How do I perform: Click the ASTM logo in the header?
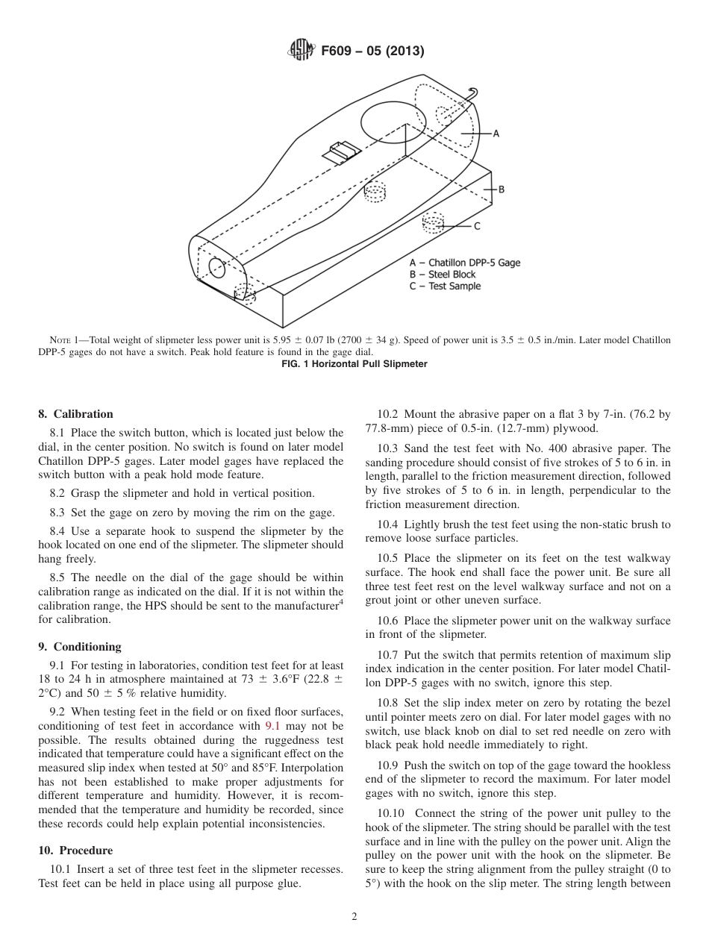pos(301,51)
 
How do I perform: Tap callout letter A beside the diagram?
pos(496,134)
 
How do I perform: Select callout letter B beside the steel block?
pos(502,190)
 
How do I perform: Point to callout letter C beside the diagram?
pos(477,225)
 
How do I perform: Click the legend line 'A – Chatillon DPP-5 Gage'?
pos(464,263)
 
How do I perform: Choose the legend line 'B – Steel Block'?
pos(442,275)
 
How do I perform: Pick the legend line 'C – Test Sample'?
pos(445,286)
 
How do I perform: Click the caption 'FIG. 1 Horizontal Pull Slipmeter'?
pos(354,364)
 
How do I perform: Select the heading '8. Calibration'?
pos(76,414)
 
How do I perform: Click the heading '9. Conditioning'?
pos(80,647)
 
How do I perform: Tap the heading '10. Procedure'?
pos(75,851)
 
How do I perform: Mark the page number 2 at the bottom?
pos(354,917)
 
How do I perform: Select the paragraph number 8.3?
pos(58,512)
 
